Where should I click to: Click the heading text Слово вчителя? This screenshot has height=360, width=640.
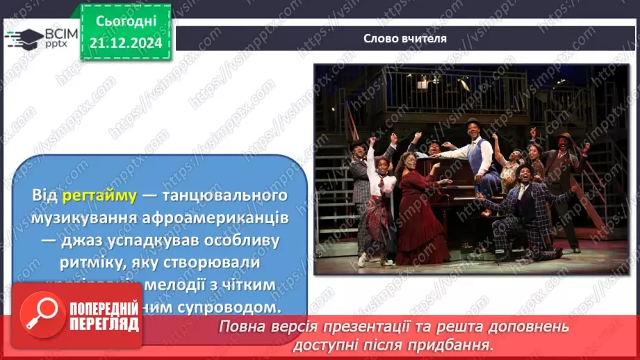[x=405, y=38]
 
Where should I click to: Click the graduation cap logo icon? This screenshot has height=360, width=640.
[x=22, y=38]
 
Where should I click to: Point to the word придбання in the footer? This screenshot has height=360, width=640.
[x=459, y=344]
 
